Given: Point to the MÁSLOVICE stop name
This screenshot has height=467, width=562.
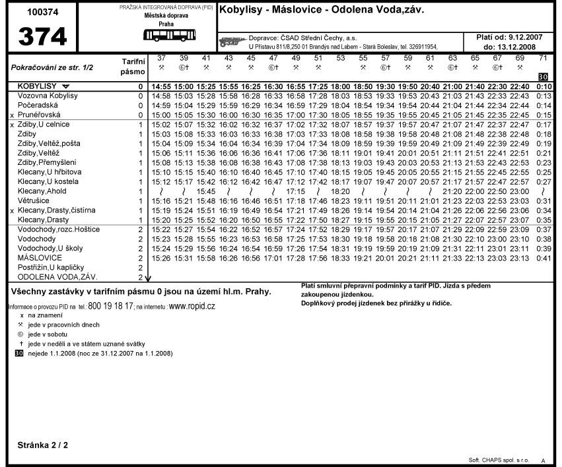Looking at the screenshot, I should (x=40, y=258).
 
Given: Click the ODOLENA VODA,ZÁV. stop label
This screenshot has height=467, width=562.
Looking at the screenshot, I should (x=52, y=277).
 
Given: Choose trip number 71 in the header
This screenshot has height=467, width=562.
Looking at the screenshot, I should (x=543, y=59).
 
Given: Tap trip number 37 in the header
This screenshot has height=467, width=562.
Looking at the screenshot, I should (x=161, y=59).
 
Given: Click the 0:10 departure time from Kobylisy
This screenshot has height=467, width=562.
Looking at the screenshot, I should (x=544, y=87).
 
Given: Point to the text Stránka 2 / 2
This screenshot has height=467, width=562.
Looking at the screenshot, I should (x=42, y=445).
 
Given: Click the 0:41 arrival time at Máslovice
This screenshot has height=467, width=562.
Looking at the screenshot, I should (x=544, y=258).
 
